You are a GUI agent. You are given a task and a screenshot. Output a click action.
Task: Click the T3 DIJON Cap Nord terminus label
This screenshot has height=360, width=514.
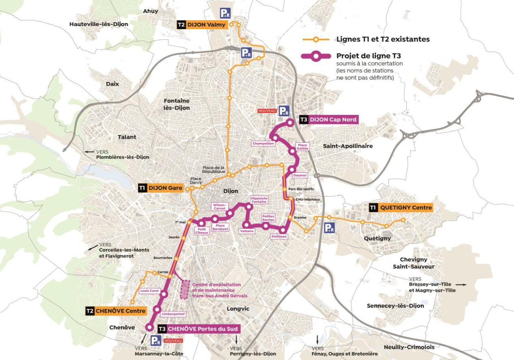tap(328, 120)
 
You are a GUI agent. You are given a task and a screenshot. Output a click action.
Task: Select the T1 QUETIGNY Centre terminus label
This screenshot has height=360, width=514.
tap(401, 208)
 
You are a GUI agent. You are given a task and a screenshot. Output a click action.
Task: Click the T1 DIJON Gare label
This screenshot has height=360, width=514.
tap(160, 188)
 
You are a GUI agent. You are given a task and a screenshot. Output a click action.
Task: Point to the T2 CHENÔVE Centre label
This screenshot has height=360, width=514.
tap(116, 311)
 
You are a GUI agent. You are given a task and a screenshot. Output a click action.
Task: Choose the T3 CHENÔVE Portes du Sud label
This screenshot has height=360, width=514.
tap(199, 328)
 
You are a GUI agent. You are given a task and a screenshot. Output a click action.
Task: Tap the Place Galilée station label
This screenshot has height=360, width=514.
tap(303, 147)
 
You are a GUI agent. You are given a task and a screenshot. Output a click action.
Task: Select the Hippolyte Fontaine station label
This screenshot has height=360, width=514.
tap(259, 200)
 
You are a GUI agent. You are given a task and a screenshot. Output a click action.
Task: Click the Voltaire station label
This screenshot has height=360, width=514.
tap(247, 231)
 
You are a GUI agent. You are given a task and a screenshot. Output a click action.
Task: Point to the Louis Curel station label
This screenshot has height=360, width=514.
tap(149, 291)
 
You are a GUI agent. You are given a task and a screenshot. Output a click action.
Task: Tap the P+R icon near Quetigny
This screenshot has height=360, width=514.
tap(330, 228)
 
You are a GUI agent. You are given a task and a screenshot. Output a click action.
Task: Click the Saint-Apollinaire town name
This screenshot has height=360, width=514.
tap(348, 146)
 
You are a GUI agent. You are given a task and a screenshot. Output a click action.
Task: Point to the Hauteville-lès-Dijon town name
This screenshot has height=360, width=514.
tap(99, 24)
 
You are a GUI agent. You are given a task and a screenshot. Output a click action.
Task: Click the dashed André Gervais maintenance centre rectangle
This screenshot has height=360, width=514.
tap(185, 289)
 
